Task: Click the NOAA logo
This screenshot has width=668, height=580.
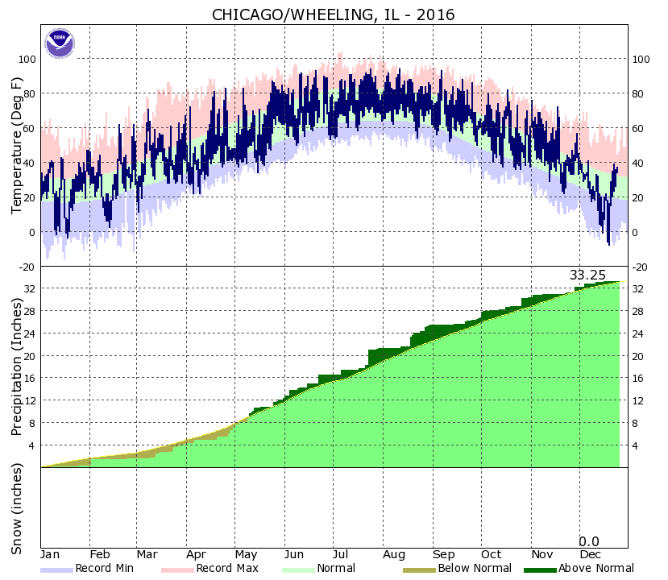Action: point(58,43)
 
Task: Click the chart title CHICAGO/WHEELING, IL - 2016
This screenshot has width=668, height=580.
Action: point(333,14)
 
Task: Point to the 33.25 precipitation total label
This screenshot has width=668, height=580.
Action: point(587,275)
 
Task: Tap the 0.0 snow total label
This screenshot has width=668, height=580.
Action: point(589,541)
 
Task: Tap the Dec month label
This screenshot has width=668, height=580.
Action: point(590,555)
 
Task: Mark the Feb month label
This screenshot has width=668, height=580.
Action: point(100,555)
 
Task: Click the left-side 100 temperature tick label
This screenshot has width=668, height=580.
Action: point(27,59)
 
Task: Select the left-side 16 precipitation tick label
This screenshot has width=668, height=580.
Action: point(30,378)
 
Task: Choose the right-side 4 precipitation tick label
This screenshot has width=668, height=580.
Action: point(637,445)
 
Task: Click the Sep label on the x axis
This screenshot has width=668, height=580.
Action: point(442,555)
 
